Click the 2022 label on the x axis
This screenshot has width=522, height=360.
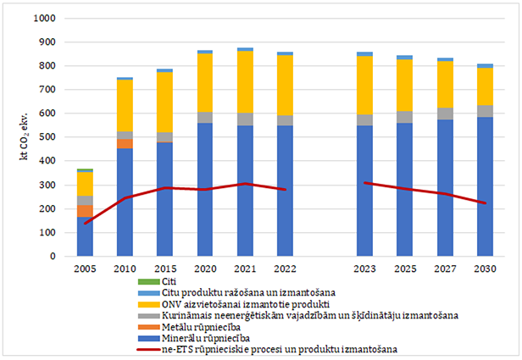coord(286,269)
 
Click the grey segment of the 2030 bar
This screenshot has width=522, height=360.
coord(486,111)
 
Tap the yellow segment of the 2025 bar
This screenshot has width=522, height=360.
coord(405,86)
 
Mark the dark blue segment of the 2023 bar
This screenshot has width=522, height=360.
coord(365,191)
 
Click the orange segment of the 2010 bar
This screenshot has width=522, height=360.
coord(125,143)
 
